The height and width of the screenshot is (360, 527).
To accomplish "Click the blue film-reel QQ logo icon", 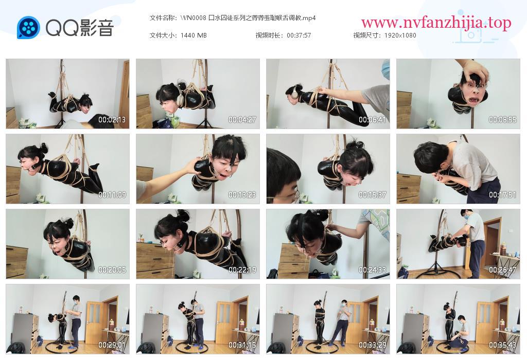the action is point(28,28).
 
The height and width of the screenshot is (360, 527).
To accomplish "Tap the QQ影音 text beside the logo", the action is point(80,28).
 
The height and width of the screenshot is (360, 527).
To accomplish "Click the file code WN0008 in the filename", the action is point(194,18).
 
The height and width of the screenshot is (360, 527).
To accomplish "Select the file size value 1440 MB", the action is point(194,35).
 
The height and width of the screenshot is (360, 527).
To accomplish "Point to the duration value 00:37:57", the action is point(299,35).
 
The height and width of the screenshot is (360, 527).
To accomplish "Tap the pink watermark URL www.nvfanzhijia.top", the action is point(436,23).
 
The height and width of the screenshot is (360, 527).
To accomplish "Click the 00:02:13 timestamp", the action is point(112,119).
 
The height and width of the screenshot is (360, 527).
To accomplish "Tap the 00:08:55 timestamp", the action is point(502,119).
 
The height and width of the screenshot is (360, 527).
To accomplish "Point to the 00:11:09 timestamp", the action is point(112,195).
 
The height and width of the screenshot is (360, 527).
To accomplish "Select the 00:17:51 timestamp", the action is point(502,195).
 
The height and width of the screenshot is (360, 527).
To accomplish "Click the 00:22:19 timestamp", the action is point(242,270).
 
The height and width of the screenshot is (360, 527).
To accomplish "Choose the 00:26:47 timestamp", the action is point(502,270).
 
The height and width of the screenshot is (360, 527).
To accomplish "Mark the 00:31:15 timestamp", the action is point(242,345).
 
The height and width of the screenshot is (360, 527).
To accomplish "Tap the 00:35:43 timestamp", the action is point(502,345).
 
